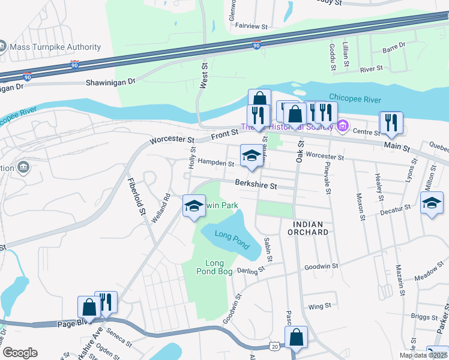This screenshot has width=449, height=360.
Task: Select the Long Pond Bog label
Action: (x=214, y=267)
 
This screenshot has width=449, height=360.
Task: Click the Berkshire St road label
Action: (x=256, y=185)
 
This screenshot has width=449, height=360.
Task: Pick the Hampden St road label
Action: (x=216, y=163)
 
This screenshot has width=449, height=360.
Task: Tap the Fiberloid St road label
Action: (x=136, y=196)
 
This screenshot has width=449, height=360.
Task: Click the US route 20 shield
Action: (x=275, y=347)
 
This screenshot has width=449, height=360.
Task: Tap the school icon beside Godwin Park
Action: (x=193, y=206)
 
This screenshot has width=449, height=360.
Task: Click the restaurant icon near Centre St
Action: (x=391, y=122)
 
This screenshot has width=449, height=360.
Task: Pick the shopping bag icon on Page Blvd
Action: (x=89, y=307)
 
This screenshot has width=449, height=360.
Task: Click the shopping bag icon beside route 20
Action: (x=296, y=337)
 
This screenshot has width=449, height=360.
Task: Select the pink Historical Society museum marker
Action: (x=342, y=126)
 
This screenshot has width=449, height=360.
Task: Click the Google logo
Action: (x=20, y=353)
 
